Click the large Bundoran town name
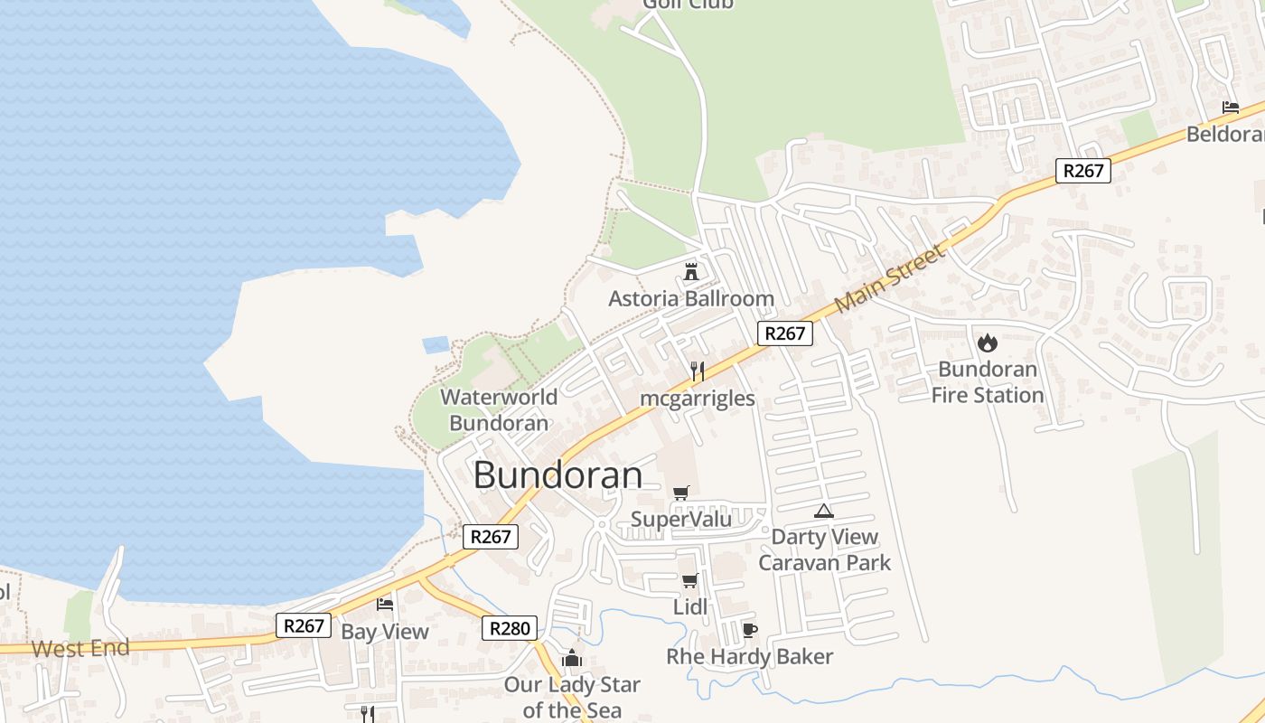click(558, 474)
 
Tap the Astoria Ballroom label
click(691, 298)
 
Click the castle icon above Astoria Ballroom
click(691, 271)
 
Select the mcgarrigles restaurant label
click(698, 399)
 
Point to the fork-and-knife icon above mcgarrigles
click(697, 371)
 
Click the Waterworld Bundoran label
click(499, 409)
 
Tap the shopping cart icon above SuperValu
click(681, 493)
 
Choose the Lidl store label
click(690, 607)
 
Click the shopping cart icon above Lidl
click(689, 580)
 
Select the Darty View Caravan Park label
click(824, 549)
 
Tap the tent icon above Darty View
click(823, 511)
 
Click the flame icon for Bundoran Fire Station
click(988, 343)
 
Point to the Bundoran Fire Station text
click(988, 382)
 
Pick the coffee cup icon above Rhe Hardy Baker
click(749, 630)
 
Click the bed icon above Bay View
click(385, 604)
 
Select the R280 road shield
click(510, 628)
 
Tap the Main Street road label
click(890, 277)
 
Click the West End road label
click(80, 648)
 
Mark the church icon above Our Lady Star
click(571, 658)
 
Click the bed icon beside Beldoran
click(1231, 108)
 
